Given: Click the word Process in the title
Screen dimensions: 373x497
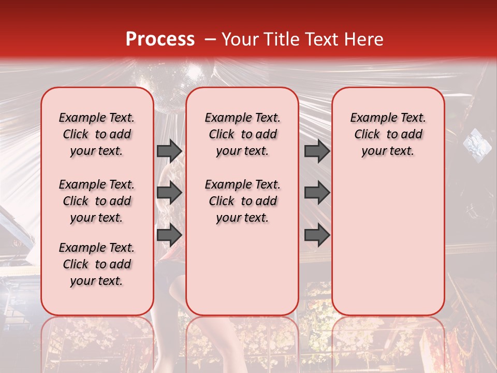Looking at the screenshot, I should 159,39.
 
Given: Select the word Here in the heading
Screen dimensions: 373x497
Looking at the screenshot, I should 361,39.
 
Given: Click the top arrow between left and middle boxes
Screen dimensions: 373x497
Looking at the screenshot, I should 169,151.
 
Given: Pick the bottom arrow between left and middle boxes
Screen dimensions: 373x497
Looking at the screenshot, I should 169,235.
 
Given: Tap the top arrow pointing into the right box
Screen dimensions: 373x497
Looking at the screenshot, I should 317,151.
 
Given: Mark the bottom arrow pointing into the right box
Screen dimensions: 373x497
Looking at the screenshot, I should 317,235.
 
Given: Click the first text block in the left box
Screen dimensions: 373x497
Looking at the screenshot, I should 97,134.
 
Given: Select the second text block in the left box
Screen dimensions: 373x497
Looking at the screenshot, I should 97,201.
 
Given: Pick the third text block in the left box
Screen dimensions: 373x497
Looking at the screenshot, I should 97,264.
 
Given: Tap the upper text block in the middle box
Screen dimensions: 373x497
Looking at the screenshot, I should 243,134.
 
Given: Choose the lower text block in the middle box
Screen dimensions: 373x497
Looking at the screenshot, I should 243,201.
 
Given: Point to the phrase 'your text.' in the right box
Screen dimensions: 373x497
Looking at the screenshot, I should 388,151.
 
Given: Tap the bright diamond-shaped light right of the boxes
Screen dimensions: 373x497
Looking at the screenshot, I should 473,140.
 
